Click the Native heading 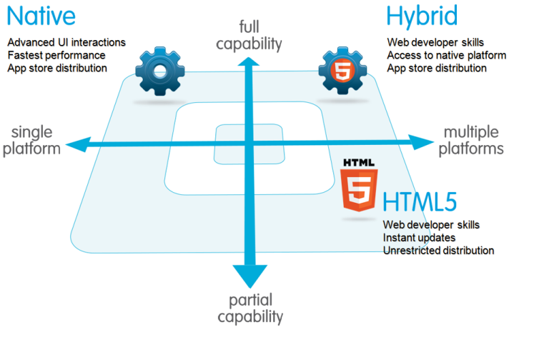pyautogui.click(x=40, y=17)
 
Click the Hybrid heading pyautogui.click(x=422, y=17)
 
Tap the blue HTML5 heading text pyautogui.click(x=420, y=203)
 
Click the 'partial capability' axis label pyautogui.click(x=250, y=309)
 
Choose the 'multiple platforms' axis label pyautogui.click(x=471, y=140)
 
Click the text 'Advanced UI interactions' pyautogui.click(x=66, y=42)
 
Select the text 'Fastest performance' pyautogui.click(x=56, y=55)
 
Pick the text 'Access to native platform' pyautogui.click(x=446, y=55)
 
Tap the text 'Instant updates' pyautogui.click(x=419, y=237)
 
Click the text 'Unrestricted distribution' pyautogui.click(x=438, y=250)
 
